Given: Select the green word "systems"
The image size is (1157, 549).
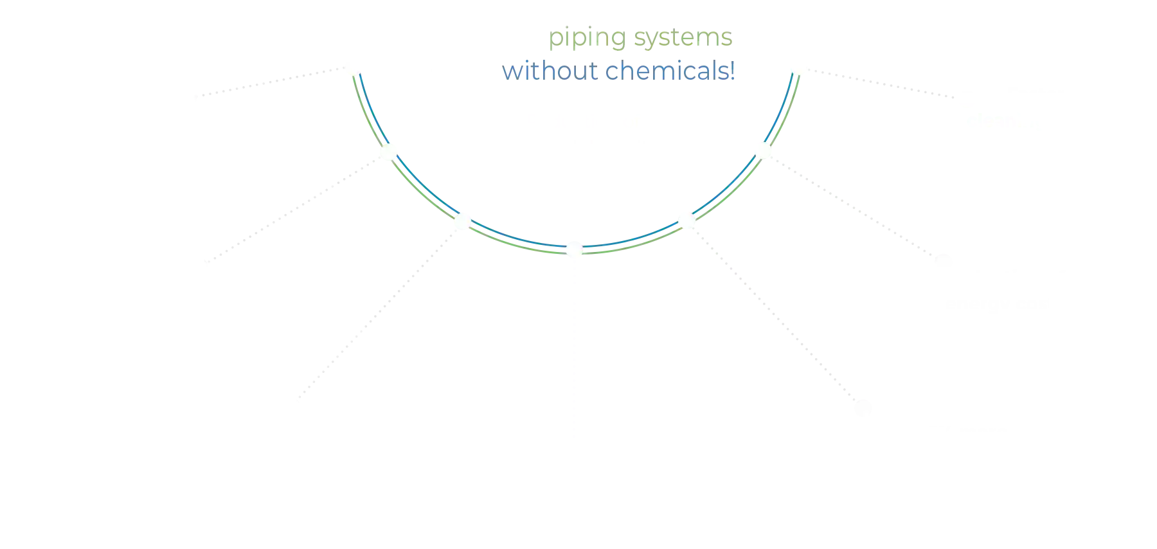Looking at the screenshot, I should [x=683, y=38].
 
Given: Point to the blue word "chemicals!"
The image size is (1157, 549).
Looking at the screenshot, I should [x=670, y=71].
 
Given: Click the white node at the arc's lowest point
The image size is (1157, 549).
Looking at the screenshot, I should [x=574, y=248].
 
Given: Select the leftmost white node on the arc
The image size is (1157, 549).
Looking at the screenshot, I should [x=388, y=152].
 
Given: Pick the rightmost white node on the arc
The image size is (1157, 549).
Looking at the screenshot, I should [x=763, y=150].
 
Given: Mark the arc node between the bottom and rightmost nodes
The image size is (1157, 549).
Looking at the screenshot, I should [x=686, y=221].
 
